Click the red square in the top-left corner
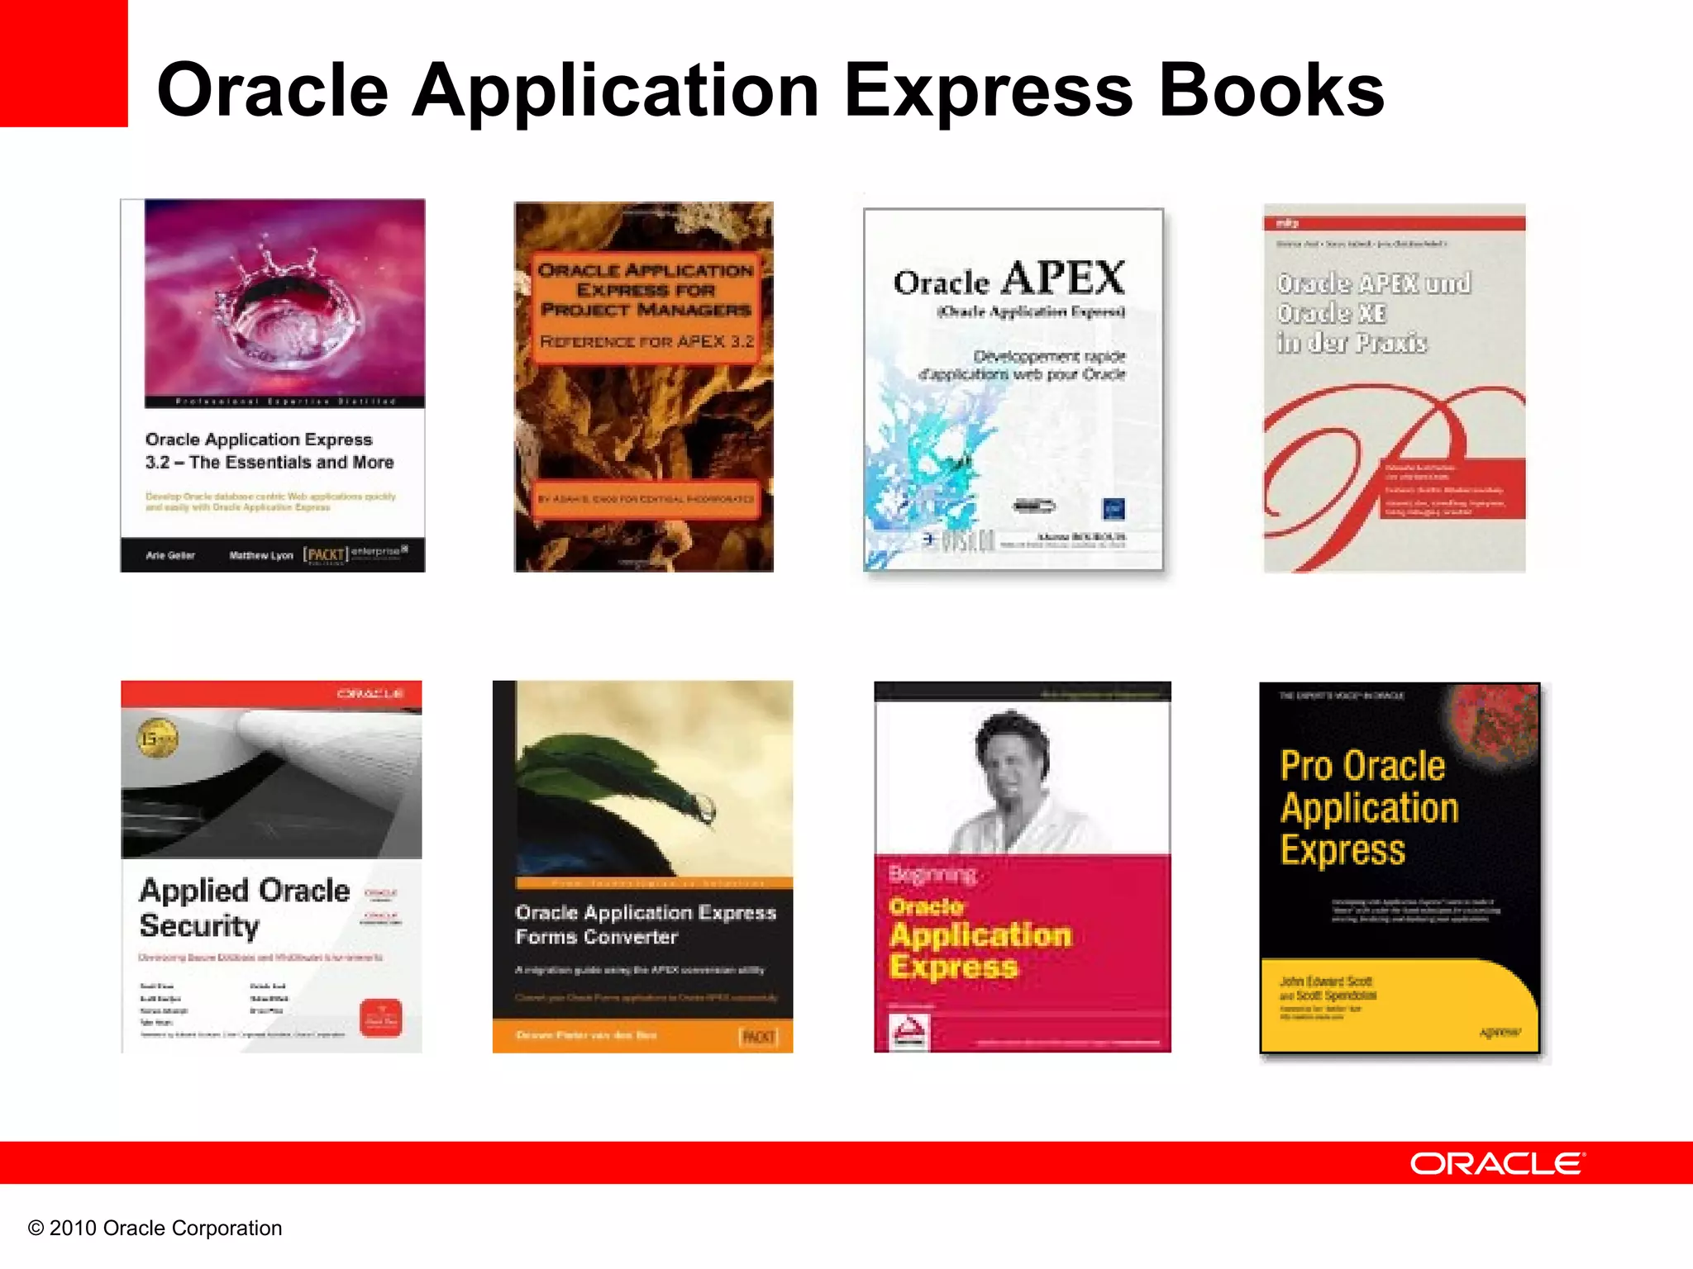coord(64,63)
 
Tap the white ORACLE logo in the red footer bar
coord(1496,1163)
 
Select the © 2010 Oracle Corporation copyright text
coord(155,1229)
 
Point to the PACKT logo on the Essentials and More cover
coord(325,554)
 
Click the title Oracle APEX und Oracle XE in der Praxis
coord(1372,313)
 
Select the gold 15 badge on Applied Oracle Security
coord(157,738)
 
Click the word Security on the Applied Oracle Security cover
coord(199,925)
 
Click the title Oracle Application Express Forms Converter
coord(645,924)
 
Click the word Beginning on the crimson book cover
coord(932,874)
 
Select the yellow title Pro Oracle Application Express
coord(1368,807)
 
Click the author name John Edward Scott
coord(1326,981)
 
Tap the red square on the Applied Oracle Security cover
coord(381,1018)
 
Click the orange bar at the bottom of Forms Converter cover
coord(642,1035)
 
